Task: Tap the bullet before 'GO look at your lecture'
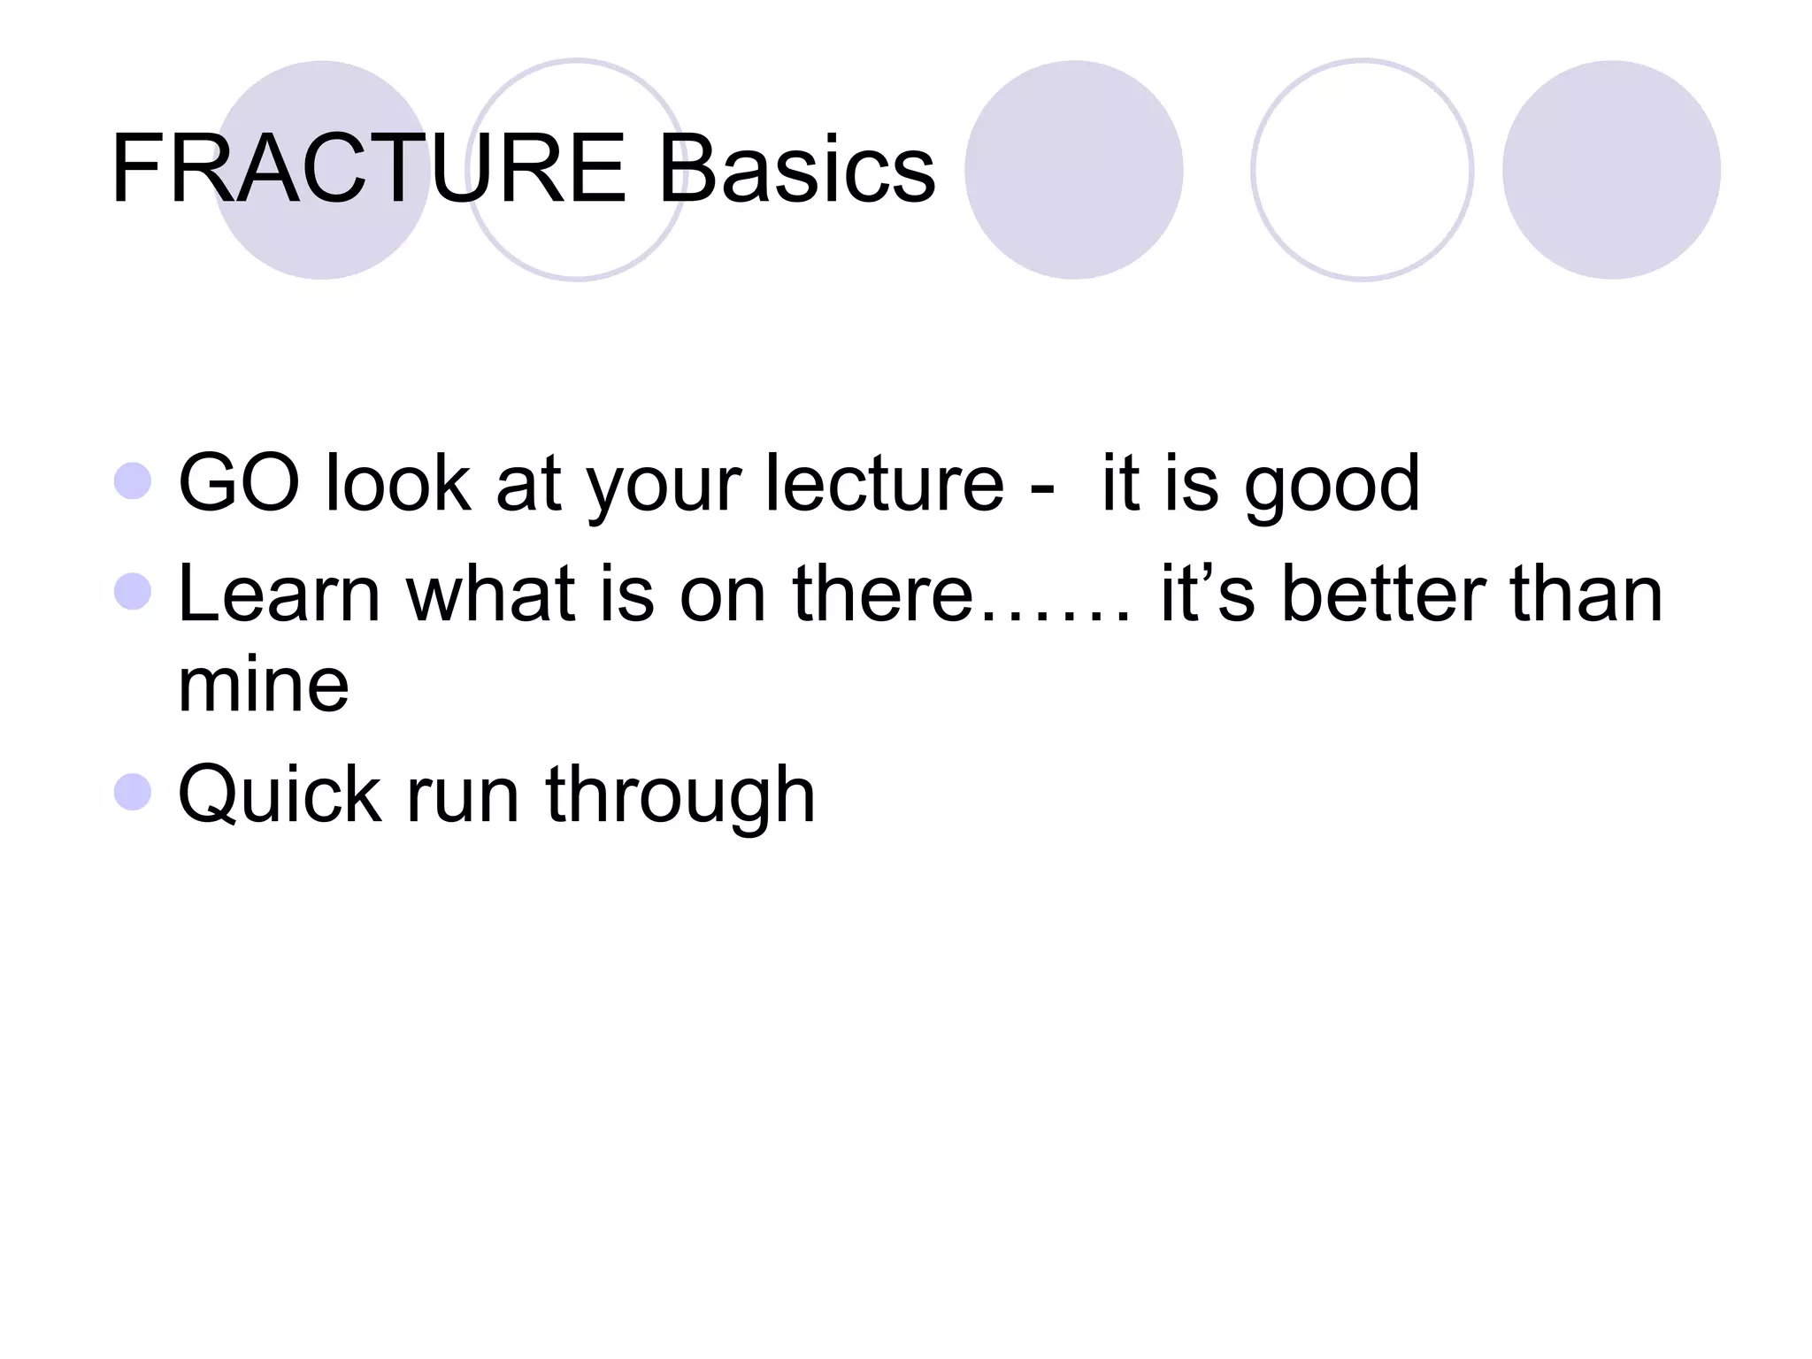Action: [134, 481]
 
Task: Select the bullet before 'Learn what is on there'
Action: [134, 592]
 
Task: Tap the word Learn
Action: [279, 594]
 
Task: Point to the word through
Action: [679, 795]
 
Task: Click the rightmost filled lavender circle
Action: [1611, 170]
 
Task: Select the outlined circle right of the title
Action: [1362, 170]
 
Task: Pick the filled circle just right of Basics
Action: [1073, 170]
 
